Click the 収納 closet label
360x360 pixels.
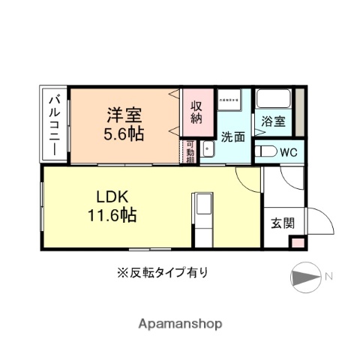point(196,112)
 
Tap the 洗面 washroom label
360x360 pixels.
point(232,136)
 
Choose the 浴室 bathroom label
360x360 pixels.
point(273,121)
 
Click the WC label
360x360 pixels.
point(289,151)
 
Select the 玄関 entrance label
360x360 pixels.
point(282,223)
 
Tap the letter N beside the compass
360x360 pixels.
point(328,278)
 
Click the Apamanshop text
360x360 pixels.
point(180,324)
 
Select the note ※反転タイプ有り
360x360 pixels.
point(162,271)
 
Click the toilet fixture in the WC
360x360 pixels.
point(265,151)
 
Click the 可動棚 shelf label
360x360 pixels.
point(190,152)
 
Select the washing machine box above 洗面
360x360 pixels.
point(229,100)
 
